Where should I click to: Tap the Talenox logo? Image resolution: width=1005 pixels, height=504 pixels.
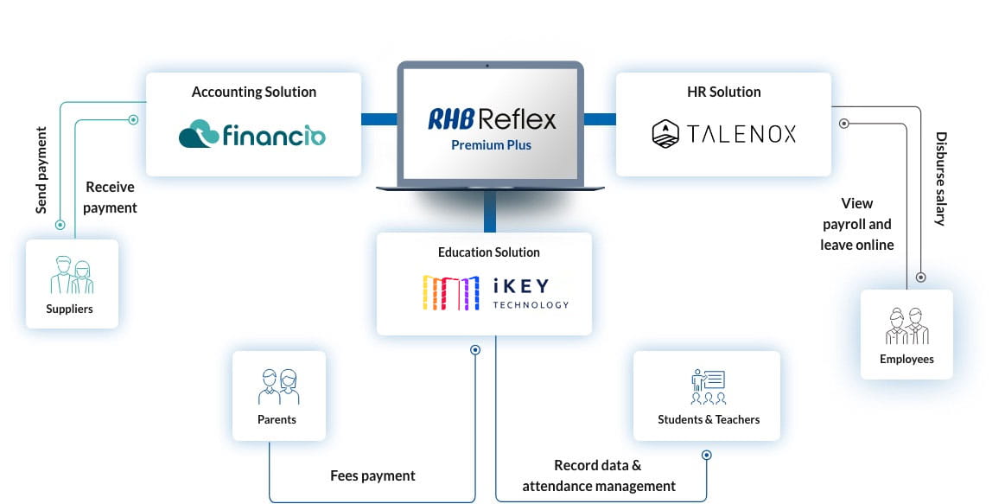(x=723, y=133)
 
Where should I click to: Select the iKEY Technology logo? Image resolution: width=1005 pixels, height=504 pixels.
(x=495, y=292)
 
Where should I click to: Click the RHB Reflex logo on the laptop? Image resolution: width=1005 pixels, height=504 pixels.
(x=492, y=118)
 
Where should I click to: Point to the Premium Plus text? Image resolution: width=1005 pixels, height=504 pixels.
(x=491, y=145)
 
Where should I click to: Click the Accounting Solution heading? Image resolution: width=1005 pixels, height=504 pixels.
(x=254, y=92)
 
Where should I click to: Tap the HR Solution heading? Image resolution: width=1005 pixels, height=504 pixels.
(x=723, y=92)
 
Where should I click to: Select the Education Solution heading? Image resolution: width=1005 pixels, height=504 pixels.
(x=488, y=252)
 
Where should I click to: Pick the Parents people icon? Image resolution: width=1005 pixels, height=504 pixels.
(x=277, y=386)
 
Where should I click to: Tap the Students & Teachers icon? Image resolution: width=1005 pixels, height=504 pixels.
(x=709, y=386)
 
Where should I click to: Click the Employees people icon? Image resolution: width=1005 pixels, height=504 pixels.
(x=906, y=326)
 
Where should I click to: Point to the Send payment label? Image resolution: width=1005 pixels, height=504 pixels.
(x=41, y=170)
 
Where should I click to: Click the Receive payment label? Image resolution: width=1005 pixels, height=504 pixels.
(x=110, y=197)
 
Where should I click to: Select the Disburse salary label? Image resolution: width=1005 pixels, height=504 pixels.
(x=941, y=179)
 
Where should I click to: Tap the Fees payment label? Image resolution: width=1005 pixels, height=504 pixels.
(x=372, y=475)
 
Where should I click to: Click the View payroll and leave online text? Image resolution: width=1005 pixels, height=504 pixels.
(x=856, y=224)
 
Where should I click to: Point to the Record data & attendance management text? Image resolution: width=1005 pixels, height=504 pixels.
(x=599, y=475)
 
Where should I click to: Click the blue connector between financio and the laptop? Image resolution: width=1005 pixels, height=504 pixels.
(x=378, y=119)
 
